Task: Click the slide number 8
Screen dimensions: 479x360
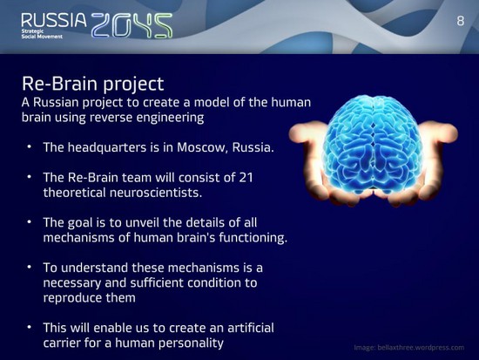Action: point(461,21)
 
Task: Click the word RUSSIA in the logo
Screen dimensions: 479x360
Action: point(54,21)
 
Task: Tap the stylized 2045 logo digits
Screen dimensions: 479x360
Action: point(132,25)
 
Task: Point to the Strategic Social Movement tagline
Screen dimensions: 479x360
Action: point(42,34)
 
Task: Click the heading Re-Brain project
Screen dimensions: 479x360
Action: point(93,84)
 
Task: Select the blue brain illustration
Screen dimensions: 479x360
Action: point(373,143)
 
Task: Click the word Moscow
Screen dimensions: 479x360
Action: point(202,147)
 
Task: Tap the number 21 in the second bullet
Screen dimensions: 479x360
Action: point(246,178)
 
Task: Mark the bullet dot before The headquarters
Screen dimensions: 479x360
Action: point(30,146)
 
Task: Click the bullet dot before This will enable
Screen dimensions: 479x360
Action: point(30,327)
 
